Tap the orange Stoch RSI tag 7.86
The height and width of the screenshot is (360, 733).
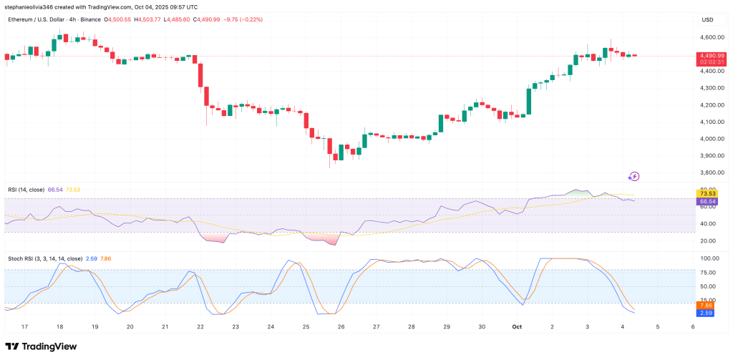(x=706, y=305)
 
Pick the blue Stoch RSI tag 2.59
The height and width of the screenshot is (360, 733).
(x=706, y=313)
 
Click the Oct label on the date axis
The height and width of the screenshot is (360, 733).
(x=517, y=326)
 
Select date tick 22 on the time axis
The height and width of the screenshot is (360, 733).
(x=200, y=326)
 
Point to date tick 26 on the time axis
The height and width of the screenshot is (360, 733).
(x=341, y=326)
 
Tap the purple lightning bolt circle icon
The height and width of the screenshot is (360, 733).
(x=634, y=176)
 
